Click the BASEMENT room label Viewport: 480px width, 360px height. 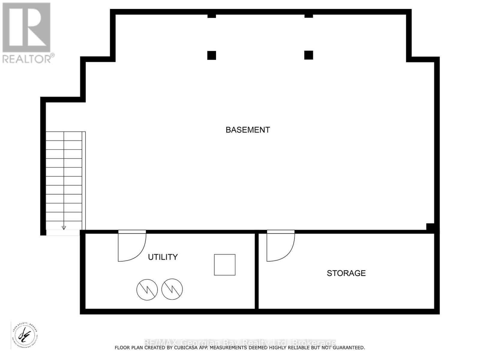pyautogui.click(x=247, y=130)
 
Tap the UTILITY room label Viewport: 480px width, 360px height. pyautogui.click(x=163, y=257)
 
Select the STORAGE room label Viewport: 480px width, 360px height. pyautogui.click(x=346, y=273)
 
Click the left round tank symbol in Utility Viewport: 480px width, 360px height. pyautogui.click(x=147, y=289)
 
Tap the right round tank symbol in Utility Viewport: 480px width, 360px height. pyautogui.click(x=172, y=289)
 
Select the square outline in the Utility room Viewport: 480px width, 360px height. pyautogui.click(x=224, y=265)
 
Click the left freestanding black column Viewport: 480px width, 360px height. pyautogui.click(x=211, y=55)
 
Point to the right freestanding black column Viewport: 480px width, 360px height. pyautogui.click(x=308, y=55)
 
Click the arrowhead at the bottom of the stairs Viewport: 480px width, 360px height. pyautogui.click(x=64, y=228)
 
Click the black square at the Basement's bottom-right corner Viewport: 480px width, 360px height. pyautogui.click(x=430, y=227)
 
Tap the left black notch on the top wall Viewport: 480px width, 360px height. pyautogui.click(x=211, y=15)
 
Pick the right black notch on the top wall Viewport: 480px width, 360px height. pyautogui.click(x=308, y=15)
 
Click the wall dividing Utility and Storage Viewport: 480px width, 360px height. pyautogui.click(x=256, y=270)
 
